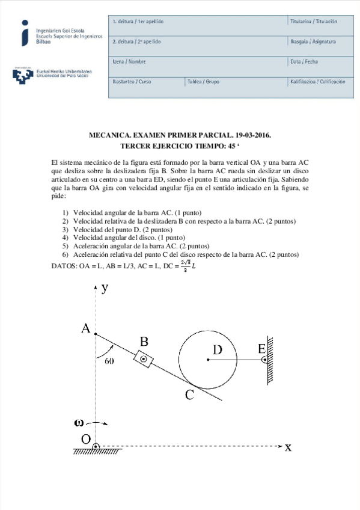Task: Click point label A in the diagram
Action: tap(86, 328)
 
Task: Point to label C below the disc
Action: tap(189, 395)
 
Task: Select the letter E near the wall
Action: tap(261, 349)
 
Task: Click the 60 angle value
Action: tap(109, 361)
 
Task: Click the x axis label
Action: tap(288, 447)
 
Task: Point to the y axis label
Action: tap(105, 287)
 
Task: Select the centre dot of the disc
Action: tap(208, 360)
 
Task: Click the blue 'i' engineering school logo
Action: tap(24, 32)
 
